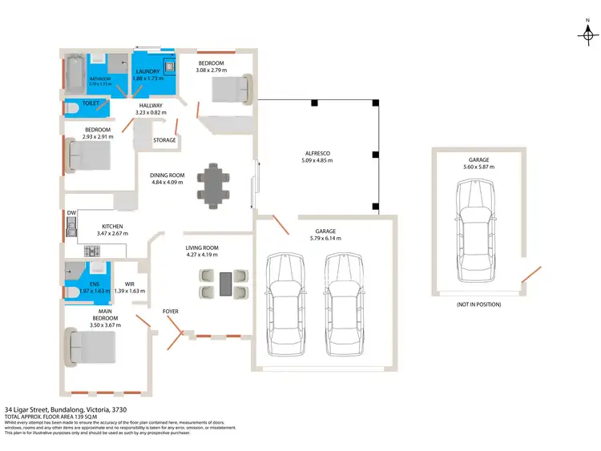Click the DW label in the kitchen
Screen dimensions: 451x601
coord(71,213)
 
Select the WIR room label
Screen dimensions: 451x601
coord(129,284)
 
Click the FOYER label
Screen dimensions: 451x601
coord(171,311)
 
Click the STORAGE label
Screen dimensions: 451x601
coord(164,140)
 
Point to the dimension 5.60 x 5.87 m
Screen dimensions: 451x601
coord(479,167)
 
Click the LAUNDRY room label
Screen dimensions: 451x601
coord(148,71)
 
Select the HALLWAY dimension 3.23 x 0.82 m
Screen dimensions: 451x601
coord(151,113)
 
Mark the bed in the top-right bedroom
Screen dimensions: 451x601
coord(232,88)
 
